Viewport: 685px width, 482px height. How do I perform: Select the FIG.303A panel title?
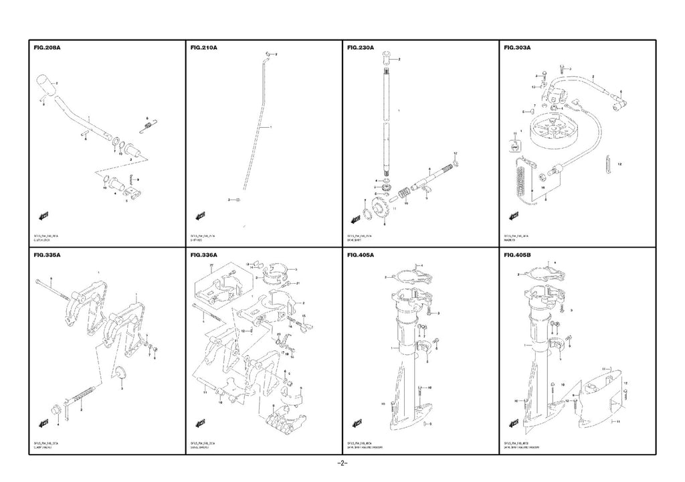click(517, 48)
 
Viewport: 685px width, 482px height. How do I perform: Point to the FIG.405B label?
click(517, 255)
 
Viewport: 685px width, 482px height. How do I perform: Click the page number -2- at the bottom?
click(342, 463)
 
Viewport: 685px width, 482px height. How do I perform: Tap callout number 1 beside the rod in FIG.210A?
click(271, 127)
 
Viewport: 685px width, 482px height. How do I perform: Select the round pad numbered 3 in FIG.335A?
click(120, 373)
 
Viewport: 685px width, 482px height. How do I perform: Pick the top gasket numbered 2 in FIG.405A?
click(409, 275)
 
